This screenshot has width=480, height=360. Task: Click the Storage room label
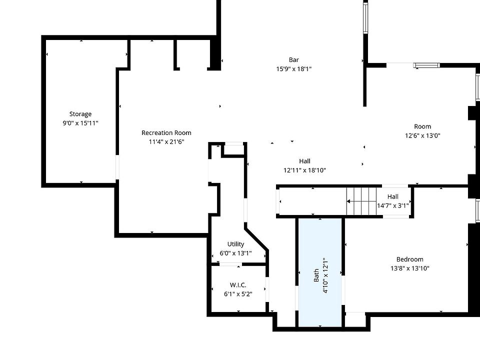pyautogui.click(x=80, y=114)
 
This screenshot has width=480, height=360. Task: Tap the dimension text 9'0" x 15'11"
pyautogui.click(x=80, y=122)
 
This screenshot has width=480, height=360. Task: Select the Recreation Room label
pyautogui.click(x=166, y=132)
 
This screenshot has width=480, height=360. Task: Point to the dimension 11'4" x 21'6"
pyautogui.click(x=166, y=141)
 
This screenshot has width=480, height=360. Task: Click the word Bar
pyautogui.click(x=294, y=60)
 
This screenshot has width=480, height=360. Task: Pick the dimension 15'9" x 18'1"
pyautogui.click(x=294, y=69)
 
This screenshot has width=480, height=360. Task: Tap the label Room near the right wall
pyautogui.click(x=422, y=126)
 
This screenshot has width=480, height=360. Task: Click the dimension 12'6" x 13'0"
pyautogui.click(x=422, y=135)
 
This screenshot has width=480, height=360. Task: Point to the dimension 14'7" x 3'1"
pyautogui.click(x=392, y=205)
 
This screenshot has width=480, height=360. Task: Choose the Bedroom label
pyautogui.click(x=409, y=259)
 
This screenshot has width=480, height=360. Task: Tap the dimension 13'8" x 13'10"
pyautogui.click(x=409, y=268)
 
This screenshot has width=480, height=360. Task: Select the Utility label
pyautogui.click(x=235, y=244)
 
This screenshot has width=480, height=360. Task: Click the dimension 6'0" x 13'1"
pyautogui.click(x=235, y=253)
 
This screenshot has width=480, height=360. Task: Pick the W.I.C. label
pyautogui.click(x=238, y=285)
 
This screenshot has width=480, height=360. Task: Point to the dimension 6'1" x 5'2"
pyautogui.click(x=238, y=294)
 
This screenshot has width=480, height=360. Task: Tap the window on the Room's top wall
pyautogui.click(x=426, y=65)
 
